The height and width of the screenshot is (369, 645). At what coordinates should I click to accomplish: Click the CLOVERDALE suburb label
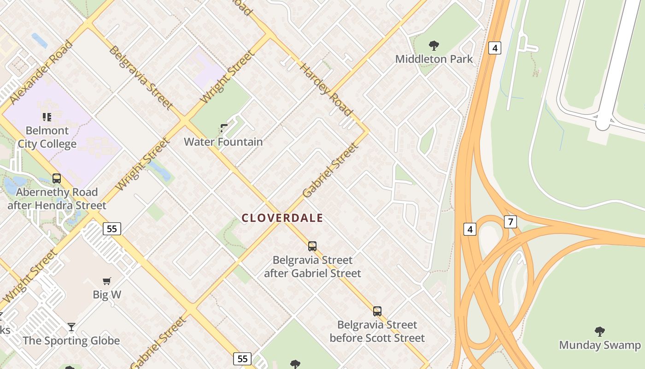282,218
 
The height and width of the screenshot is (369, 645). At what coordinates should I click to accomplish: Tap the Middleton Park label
434,59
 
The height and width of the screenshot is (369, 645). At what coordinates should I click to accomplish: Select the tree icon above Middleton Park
434,45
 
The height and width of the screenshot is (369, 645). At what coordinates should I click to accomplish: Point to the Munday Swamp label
599,345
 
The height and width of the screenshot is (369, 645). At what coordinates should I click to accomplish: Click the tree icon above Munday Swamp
599,331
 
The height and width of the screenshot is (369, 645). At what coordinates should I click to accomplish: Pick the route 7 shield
510,222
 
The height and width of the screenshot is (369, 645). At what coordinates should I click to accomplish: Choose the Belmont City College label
47,137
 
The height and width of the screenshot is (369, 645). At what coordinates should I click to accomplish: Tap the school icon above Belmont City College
47,117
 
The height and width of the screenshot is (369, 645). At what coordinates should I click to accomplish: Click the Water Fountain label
223,142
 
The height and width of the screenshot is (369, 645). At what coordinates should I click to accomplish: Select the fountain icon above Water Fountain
224,128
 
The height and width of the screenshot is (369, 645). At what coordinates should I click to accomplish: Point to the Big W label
107,294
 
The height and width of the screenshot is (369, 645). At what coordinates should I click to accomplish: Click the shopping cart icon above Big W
107,281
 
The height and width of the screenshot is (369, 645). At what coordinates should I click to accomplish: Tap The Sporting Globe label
71,341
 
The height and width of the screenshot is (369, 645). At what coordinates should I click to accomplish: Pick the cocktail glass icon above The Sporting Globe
71,327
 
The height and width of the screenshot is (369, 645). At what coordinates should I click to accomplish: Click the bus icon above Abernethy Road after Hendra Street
57,179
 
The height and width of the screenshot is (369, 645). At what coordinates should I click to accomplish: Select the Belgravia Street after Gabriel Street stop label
312,267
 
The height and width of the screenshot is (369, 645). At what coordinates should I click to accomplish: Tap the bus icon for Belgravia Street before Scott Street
377,311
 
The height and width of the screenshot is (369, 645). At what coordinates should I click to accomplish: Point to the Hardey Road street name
326,89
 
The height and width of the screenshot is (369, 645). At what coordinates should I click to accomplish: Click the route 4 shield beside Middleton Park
494,48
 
